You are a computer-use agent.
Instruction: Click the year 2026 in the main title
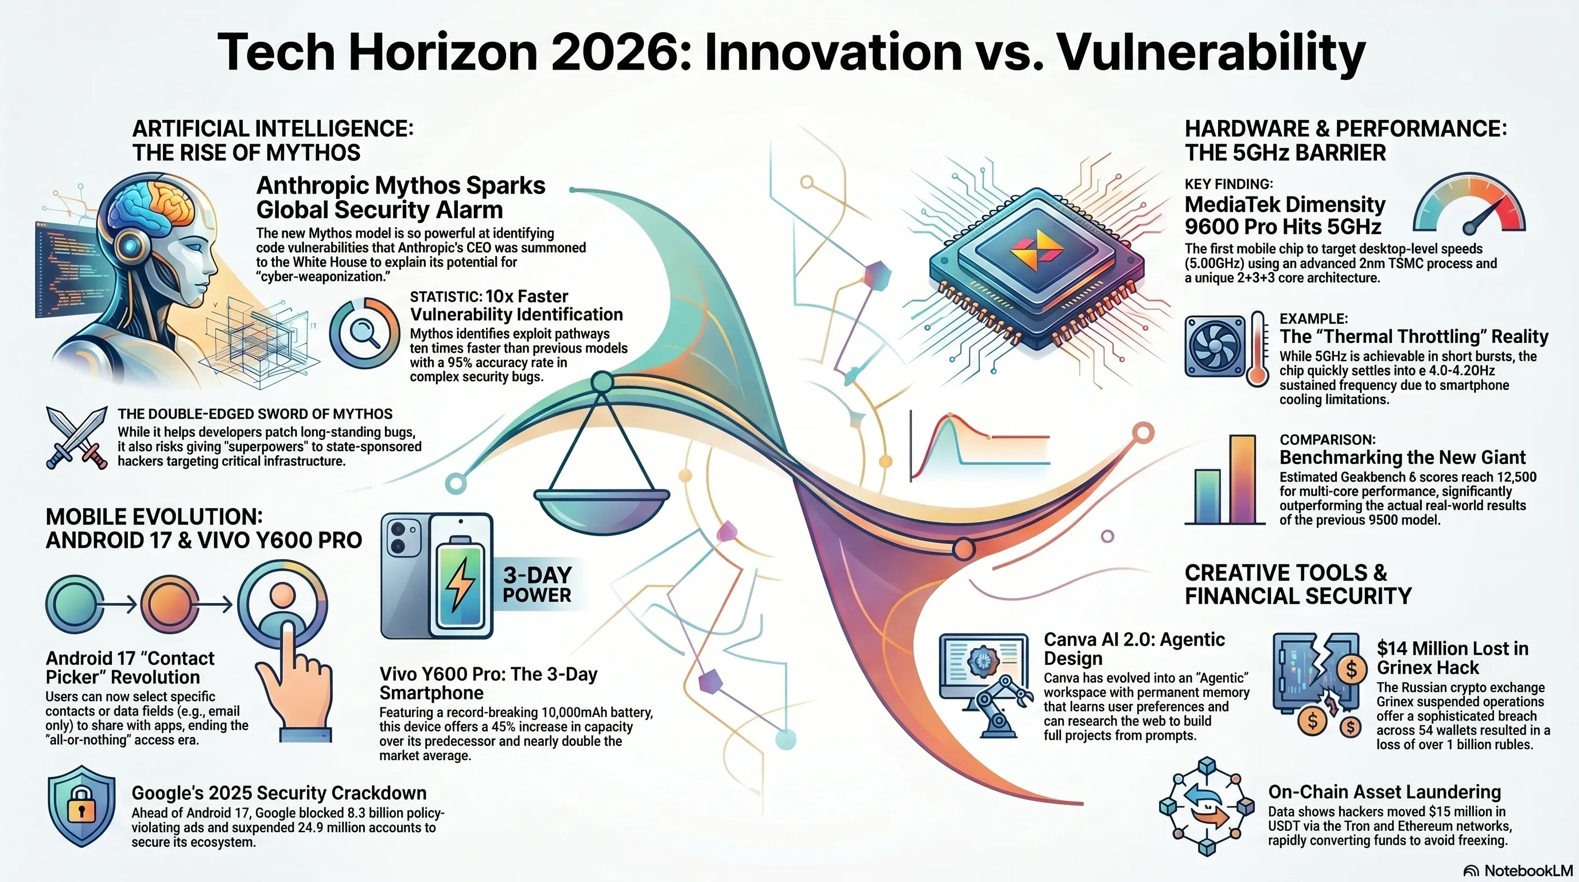[x=621, y=52]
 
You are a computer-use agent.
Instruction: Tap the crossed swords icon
[x=77, y=438]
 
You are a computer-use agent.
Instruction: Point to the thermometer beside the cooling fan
[x=1257, y=349]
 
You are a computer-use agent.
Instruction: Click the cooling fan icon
[x=1215, y=345]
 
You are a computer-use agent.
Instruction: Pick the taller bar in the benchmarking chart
[x=1242, y=479]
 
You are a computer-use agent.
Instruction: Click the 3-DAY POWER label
[x=537, y=585]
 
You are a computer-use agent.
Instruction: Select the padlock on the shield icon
[x=81, y=808]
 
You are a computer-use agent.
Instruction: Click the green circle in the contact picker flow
[x=74, y=604]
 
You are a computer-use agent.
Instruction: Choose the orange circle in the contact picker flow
[x=170, y=604]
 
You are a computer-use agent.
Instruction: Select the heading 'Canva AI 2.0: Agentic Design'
[x=1134, y=649]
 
